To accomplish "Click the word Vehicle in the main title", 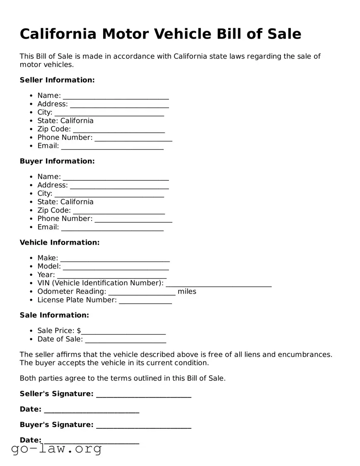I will click(186, 34).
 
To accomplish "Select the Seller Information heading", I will click(57, 80).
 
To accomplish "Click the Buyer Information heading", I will click(57, 161).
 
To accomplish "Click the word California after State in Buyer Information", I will click(77, 202).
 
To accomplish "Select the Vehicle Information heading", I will click(60, 243).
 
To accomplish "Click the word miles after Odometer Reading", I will click(187, 291).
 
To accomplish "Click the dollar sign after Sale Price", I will click(79, 331).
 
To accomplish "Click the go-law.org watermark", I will click(56, 449).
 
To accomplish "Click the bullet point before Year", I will click(31, 275).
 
